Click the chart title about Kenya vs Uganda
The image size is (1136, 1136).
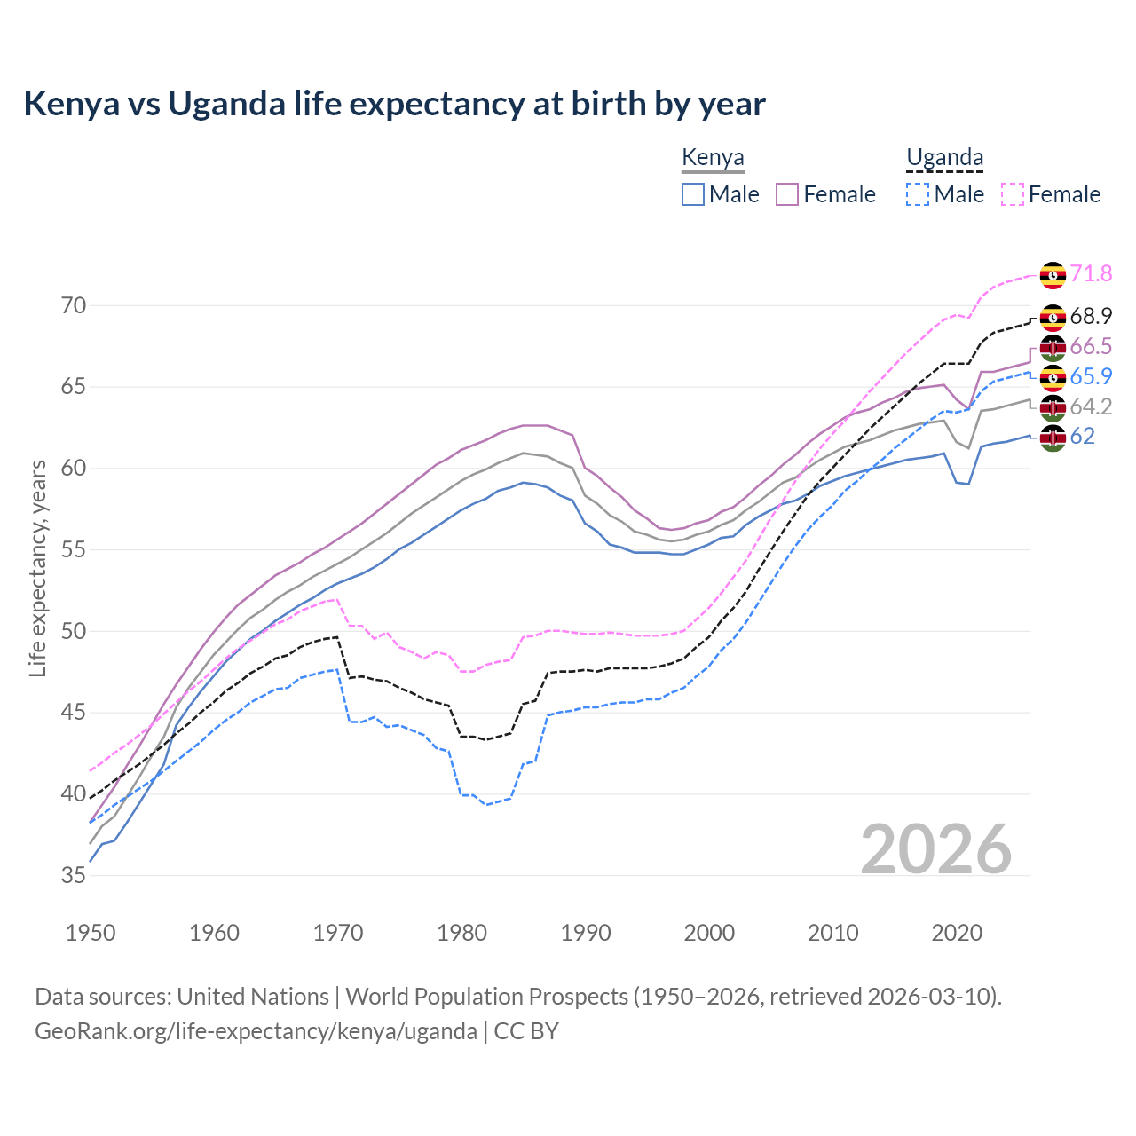[394, 104]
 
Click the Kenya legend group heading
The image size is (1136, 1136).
[713, 158]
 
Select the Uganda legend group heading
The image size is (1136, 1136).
[944, 158]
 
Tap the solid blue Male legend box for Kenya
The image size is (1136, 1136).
[693, 194]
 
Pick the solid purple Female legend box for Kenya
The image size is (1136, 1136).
[787, 194]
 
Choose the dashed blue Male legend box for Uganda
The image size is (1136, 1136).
[918, 194]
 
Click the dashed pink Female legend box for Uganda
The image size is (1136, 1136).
[1012, 194]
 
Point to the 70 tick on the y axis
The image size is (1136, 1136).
[74, 306]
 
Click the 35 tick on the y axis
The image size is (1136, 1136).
[74, 876]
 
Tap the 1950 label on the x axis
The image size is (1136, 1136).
[91, 933]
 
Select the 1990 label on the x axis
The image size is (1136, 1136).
[586, 933]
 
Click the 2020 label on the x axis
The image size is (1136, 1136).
[957, 933]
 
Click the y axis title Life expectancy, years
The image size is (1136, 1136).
[37, 568]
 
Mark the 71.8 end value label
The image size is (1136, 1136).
[1091, 273]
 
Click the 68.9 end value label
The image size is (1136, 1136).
[1091, 317]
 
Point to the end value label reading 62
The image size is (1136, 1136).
[1082, 437]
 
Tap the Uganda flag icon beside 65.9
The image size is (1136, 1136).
[1053, 377]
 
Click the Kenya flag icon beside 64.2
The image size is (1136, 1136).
[1053, 407]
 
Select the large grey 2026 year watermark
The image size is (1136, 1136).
[935, 849]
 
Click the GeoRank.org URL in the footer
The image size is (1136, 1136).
[256, 1031]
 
